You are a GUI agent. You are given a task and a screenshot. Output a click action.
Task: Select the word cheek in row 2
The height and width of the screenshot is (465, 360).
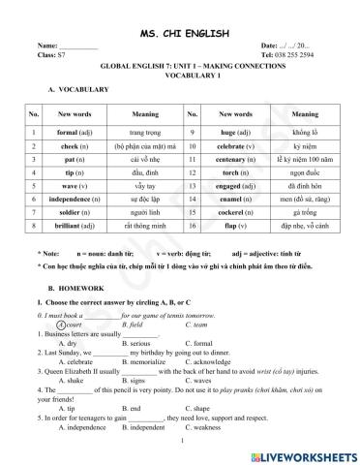(x=70, y=175)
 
